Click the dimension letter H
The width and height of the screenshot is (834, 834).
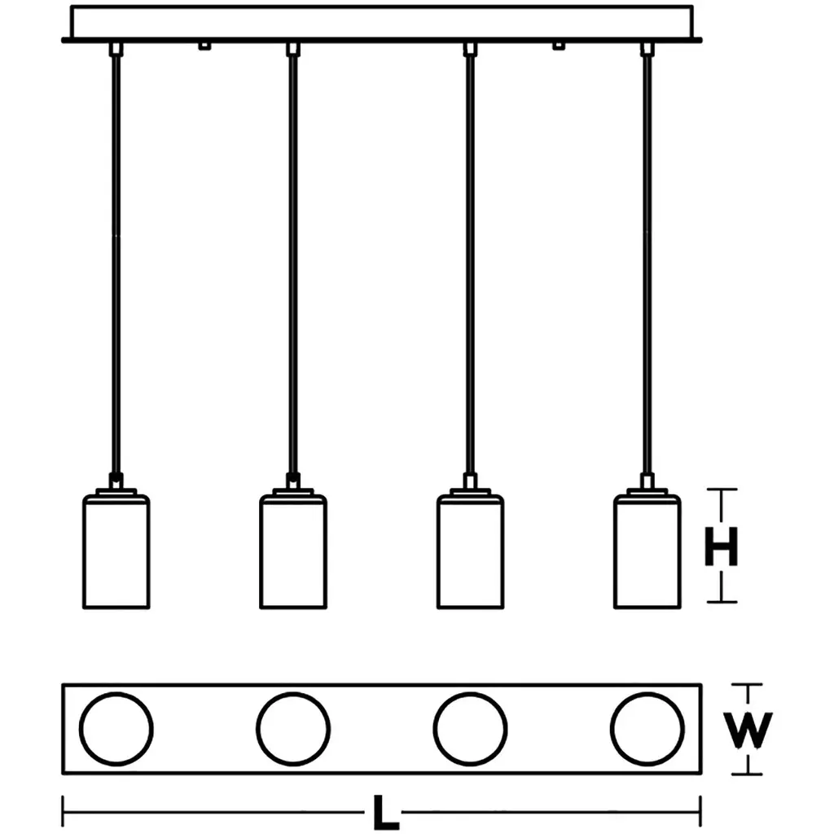[x=721, y=546]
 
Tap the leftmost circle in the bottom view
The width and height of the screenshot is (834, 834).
[x=116, y=728]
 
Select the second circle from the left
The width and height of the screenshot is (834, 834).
[x=293, y=728]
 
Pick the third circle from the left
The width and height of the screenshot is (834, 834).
[x=470, y=728]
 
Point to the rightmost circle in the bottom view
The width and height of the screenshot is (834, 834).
[x=648, y=728]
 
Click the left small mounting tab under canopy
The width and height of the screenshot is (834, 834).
[x=204, y=45]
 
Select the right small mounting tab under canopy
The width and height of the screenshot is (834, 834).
[x=559, y=45]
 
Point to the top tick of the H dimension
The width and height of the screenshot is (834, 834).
[x=721, y=490]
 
